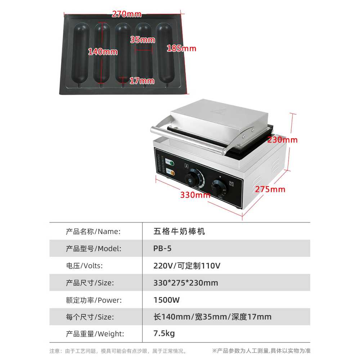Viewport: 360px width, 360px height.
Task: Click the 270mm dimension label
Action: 126,14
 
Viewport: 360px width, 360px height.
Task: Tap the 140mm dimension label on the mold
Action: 103,51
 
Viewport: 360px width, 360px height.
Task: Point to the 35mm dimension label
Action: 143,40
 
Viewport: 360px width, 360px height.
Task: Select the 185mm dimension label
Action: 181,49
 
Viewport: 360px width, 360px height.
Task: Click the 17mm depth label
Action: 142,81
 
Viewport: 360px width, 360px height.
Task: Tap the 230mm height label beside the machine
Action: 282,140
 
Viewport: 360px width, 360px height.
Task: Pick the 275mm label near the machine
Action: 270,189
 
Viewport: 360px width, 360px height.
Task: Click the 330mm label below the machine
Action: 195,195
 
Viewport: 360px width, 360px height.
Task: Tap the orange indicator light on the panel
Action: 172,173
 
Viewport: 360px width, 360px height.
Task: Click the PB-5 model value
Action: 162,248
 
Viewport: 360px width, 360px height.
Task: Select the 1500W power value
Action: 166,300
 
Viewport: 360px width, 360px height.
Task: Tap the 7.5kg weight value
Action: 164,333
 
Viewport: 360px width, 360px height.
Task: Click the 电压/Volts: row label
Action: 84,266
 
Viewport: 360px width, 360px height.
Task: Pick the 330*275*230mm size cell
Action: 186,283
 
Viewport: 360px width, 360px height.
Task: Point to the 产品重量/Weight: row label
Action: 95,334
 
